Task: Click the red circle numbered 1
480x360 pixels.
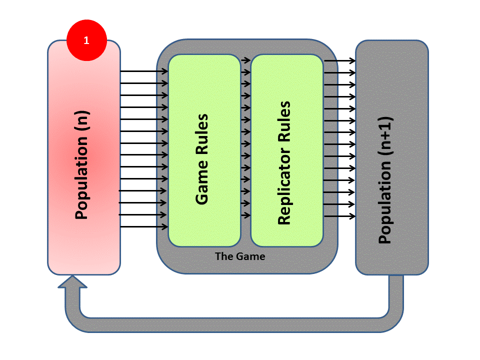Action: pos(86,40)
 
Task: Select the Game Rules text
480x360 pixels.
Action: pos(202,159)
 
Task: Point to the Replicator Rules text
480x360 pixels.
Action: pos(284,163)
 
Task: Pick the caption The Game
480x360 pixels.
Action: pos(240,256)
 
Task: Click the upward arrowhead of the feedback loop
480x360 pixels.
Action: pos(72,282)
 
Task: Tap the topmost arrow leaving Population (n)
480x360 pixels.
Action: pos(144,71)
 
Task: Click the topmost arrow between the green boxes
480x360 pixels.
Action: pos(245,60)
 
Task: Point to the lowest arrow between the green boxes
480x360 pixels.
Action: pos(245,215)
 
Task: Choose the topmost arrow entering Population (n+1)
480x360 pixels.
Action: pos(339,60)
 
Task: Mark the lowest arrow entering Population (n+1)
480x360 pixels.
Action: pos(339,216)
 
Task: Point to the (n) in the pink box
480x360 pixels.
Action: pos(81,123)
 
